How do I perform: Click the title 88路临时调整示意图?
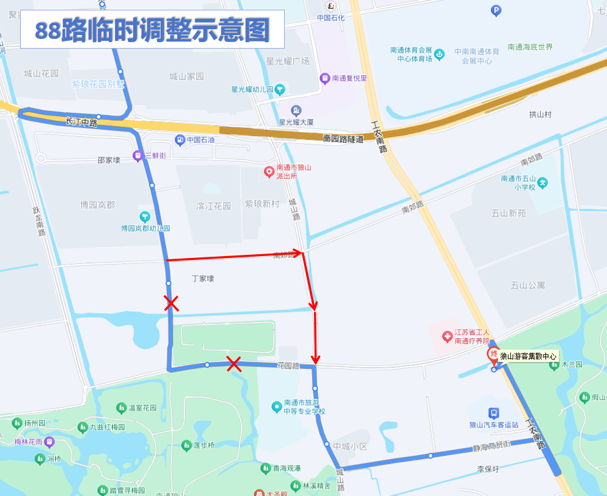(152, 29)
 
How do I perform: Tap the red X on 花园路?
(234, 364)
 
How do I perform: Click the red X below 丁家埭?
(171, 303)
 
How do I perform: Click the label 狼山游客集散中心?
(528, 356)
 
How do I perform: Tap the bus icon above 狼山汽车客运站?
(494, 412)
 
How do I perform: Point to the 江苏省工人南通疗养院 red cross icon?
(447, 337)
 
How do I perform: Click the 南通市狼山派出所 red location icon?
(269, 172)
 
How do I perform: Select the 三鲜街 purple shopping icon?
(137, 156)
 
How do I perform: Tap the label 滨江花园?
(213, 206)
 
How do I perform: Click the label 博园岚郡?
(97, 205)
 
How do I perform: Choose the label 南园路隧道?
(343, 138)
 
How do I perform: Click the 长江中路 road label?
(82, 122)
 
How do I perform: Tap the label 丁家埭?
(202, 279)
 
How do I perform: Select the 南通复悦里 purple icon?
(325, 78)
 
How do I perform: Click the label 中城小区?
(350, 447)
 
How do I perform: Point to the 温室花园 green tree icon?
(121, 408)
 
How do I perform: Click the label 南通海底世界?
(530, 47)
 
